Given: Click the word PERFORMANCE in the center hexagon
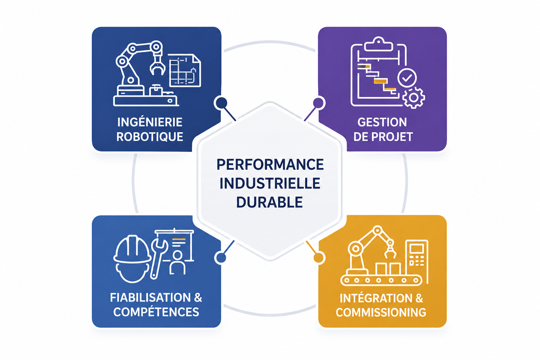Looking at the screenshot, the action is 270,165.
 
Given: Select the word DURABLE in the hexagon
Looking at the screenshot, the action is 270,202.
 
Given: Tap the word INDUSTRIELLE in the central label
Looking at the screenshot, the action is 270,183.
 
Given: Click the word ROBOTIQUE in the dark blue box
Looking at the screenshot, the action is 150,137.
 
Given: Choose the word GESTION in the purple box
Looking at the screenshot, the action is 382,122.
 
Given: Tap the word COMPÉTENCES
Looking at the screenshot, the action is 156,312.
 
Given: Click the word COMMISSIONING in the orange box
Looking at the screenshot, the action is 381,312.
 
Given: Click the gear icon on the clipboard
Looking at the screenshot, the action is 414,98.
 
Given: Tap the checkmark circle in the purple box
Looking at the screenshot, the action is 407,78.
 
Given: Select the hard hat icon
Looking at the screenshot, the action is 132,258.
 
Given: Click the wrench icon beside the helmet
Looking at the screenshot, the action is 159,258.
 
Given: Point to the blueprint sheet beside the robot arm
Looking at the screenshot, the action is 185,70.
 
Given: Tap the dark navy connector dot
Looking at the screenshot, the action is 221,102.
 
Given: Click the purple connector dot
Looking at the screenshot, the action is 318,103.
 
